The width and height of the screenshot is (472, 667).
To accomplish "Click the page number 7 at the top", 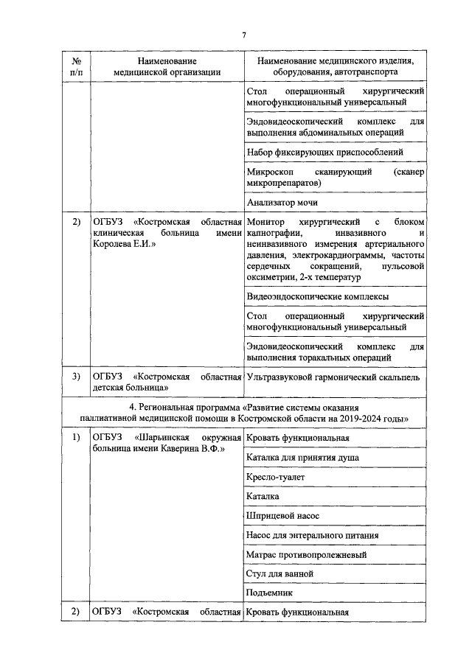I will [244, 35].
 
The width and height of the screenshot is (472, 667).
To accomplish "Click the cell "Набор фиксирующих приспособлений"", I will [325, 152].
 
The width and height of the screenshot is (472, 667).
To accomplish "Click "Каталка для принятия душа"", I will [304, 458].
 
